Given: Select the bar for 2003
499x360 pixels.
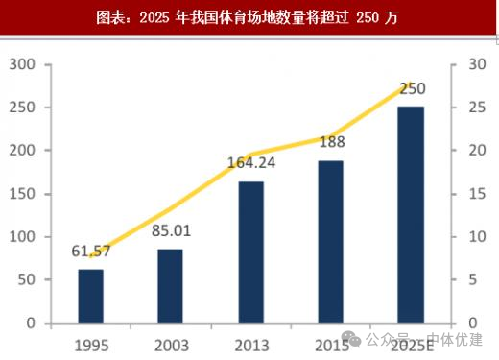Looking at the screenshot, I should click(171, 285).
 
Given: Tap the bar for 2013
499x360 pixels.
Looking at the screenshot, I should click(250, 252).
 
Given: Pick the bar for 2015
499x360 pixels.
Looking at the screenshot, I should click(330, 241).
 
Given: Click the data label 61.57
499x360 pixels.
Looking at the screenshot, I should click(91, 252).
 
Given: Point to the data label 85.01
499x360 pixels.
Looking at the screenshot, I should click(171, 230).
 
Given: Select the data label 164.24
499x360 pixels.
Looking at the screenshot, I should click(250, 162).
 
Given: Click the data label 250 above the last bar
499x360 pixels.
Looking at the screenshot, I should click(412, 88).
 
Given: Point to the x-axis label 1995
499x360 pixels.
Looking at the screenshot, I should click(91, 344).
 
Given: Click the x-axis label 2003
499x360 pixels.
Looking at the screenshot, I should click(171, 344).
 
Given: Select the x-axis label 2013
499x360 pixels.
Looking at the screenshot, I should click(250, 344).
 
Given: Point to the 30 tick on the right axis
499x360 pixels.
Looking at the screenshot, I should click(467, 64).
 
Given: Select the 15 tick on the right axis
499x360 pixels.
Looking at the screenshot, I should click(467, 193).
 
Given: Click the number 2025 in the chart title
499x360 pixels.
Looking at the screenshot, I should click(154, 18).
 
